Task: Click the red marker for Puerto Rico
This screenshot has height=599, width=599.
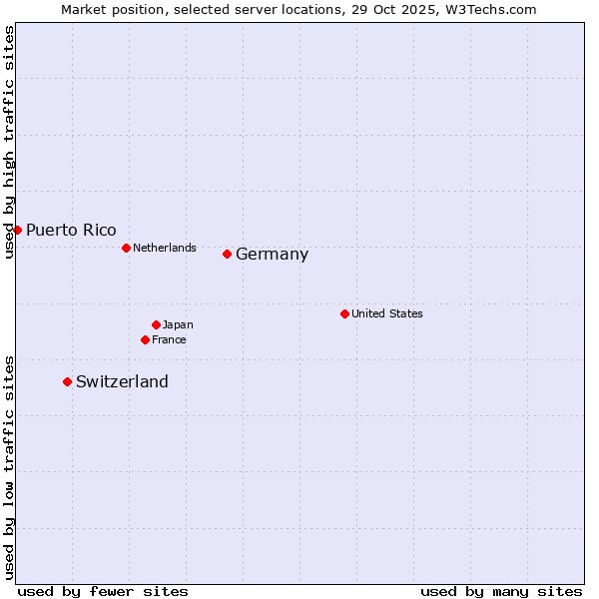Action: tap(17, 230)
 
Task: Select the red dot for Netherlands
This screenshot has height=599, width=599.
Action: tap(126, 248)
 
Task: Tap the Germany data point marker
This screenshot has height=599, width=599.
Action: tap(227, 254)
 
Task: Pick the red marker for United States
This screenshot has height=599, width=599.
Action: tap(344, 313)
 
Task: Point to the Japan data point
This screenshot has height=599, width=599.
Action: tap(156, 324)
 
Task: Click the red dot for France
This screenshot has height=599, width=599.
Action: tap(145, 339)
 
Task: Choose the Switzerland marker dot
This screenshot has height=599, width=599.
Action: tap(67, 381)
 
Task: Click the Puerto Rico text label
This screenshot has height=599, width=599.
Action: tap(71, 231)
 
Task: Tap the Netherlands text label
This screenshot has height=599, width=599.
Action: tap(165, 248)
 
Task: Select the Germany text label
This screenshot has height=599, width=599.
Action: tap(272, 255)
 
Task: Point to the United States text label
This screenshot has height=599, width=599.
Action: tap(387, 313)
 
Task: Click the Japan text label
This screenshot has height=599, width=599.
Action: tap(178, 324)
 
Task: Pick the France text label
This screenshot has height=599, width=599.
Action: tap(169, 339)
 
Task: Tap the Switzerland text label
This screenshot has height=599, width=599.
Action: tap(122, 382)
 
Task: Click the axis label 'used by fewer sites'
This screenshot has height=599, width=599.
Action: tap(103, 591)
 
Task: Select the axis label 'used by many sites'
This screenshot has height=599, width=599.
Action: tap(501, 591)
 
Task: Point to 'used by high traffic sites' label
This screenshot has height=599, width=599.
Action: tap(9, 142)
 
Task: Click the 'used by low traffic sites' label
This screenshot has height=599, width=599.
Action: tap(9, 466)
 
